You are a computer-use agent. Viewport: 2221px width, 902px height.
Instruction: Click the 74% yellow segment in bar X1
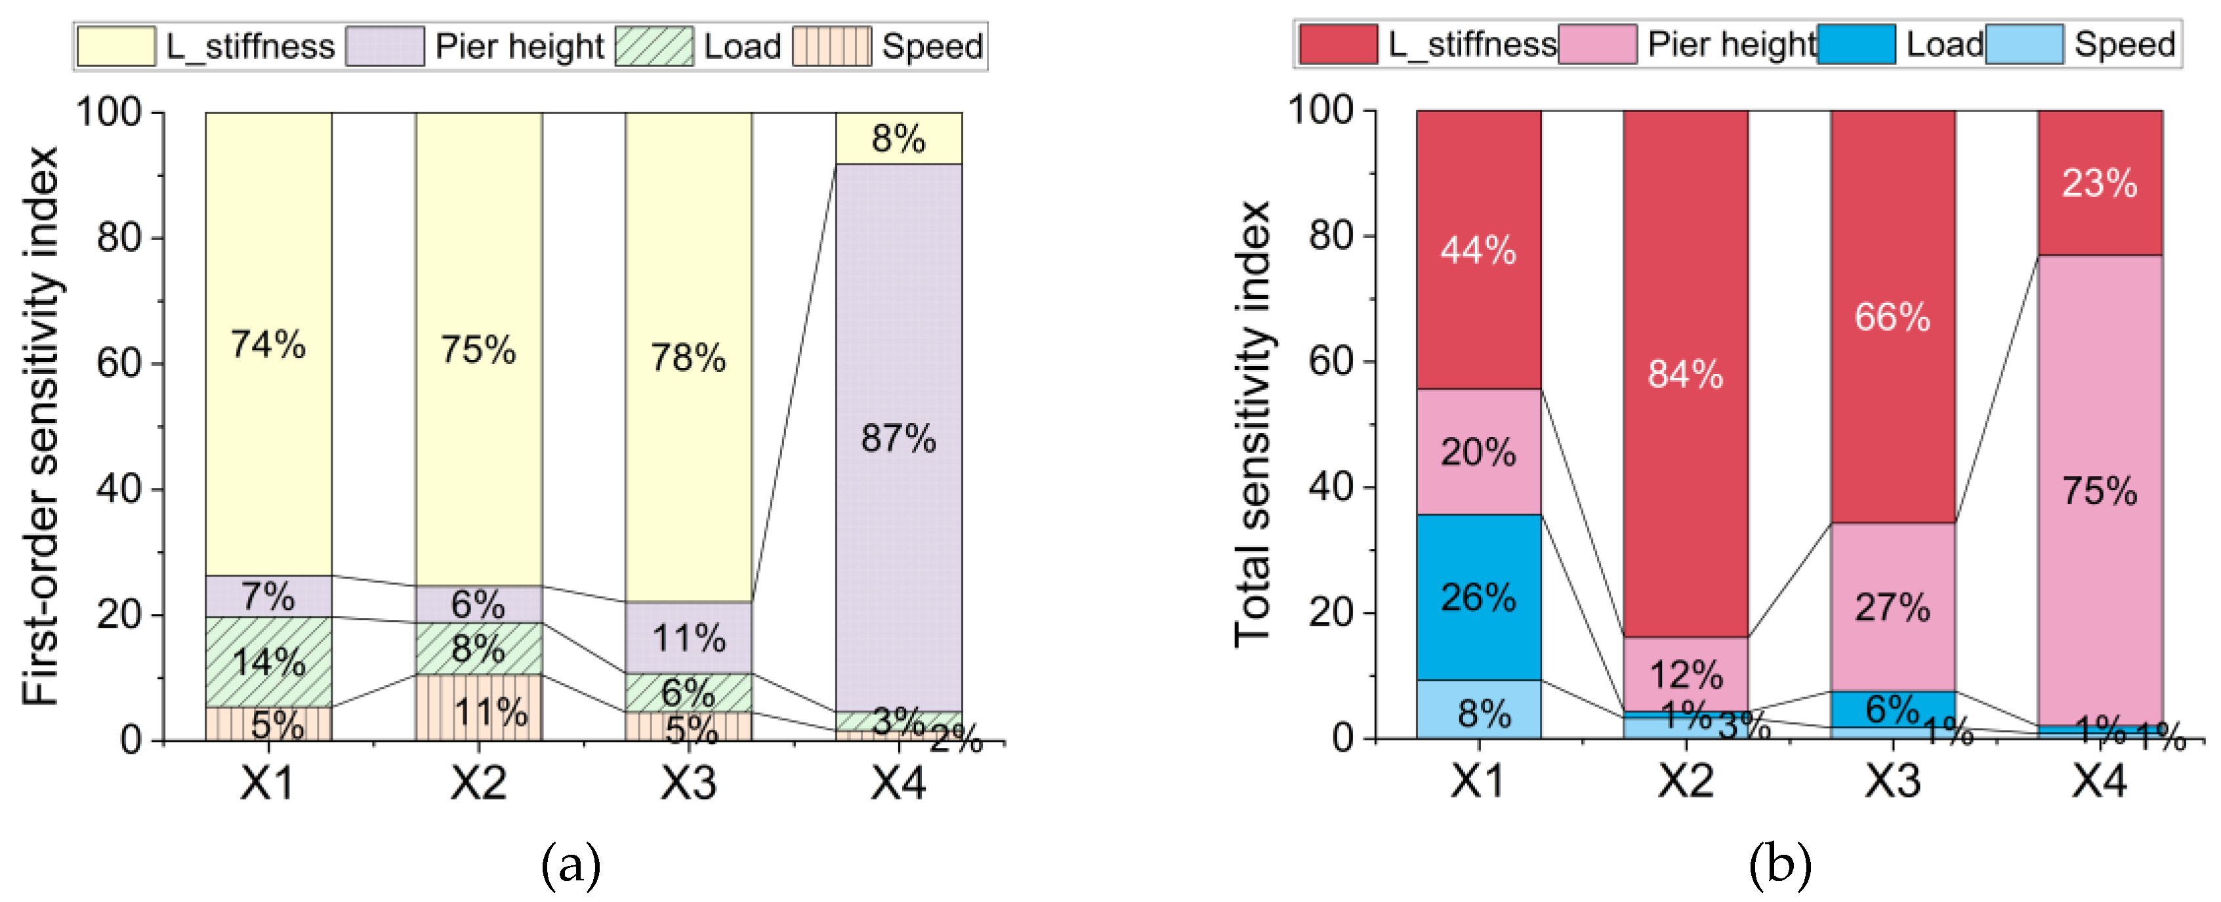click(268, 345)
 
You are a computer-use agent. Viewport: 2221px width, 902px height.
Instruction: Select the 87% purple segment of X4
click(898, 438)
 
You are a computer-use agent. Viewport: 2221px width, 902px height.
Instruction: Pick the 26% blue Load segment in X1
click(1478, 597)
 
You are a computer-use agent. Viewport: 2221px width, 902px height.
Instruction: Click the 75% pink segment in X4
click(2100, 490)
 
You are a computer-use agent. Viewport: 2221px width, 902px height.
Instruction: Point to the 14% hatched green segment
click(268, 661)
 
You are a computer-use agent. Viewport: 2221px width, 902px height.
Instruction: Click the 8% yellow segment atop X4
click(898, 138)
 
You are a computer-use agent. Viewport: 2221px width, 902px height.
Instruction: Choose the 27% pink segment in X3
click(1892, 607)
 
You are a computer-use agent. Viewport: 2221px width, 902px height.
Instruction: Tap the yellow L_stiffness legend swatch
click(116, 46)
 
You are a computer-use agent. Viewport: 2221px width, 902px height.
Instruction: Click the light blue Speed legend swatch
click(2024, 44)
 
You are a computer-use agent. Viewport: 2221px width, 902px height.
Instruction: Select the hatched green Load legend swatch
click(654, 46)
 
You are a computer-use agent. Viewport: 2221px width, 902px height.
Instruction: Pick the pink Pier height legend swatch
click(1598, 44)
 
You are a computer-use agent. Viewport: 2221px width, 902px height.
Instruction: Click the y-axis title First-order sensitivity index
click(41, 427)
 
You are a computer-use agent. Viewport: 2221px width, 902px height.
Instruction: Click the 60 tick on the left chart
click(119, 363)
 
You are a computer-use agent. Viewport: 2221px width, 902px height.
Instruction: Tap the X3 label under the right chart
click(1892, 781)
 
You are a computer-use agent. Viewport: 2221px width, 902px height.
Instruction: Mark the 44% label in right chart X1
click(1478, 250)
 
